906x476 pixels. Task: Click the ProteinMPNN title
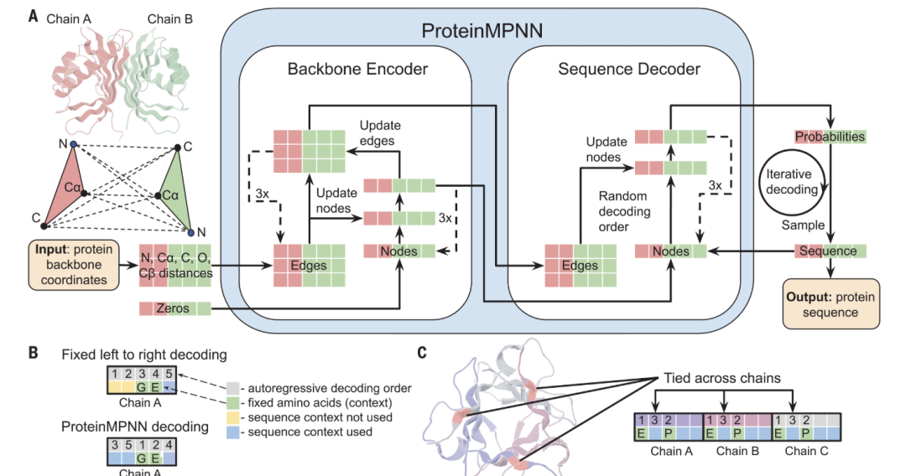(x=482, y=32)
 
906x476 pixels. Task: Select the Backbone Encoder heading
(x=358, y=69)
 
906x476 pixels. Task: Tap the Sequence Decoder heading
(x=629, y=69)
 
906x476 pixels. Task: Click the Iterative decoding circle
(x=792, y=183)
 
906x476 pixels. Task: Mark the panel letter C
(x=423, y=353)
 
